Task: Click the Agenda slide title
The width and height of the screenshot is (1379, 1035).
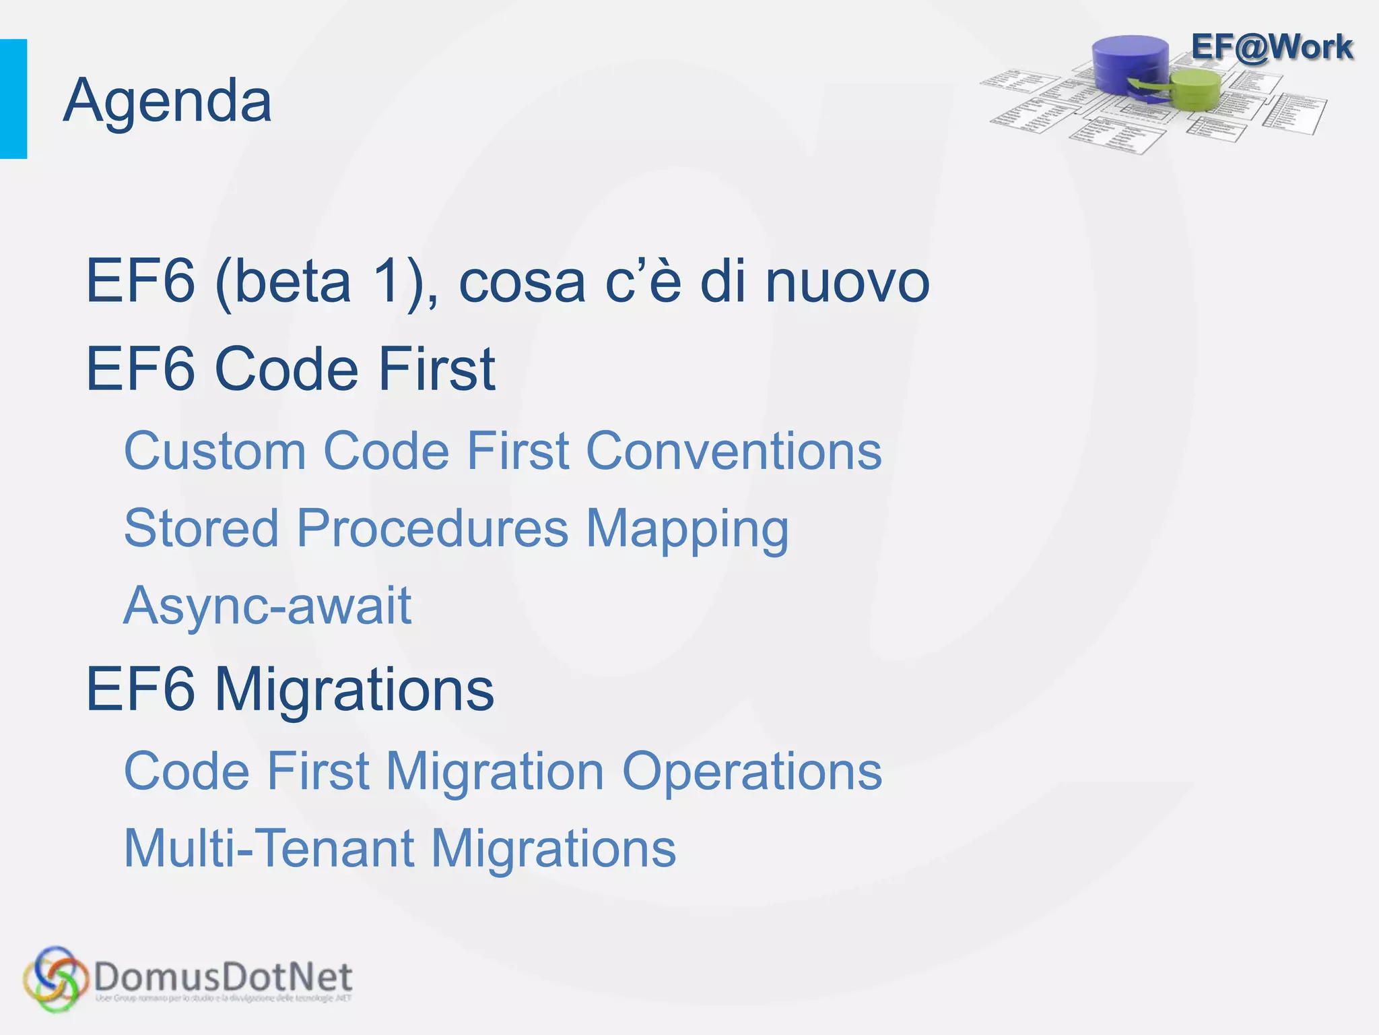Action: click(167, 101)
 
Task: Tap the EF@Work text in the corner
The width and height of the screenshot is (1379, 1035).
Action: click(1271, 47)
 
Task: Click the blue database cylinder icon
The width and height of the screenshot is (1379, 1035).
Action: click(1131, 64)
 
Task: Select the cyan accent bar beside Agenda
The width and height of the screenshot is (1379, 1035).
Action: click(13, 99)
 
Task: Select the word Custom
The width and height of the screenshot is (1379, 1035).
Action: click(215, 450)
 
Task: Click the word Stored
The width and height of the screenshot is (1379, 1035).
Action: click(201, 528)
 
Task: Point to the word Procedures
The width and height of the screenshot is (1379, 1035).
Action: click(432, 528)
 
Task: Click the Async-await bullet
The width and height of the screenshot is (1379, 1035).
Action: click(267, 605)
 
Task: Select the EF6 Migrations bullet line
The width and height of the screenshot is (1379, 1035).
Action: click(290, 689)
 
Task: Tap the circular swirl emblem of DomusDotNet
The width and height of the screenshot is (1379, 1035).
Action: click(55, 979)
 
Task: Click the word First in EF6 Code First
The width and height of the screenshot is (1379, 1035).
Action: click(436, 369)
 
